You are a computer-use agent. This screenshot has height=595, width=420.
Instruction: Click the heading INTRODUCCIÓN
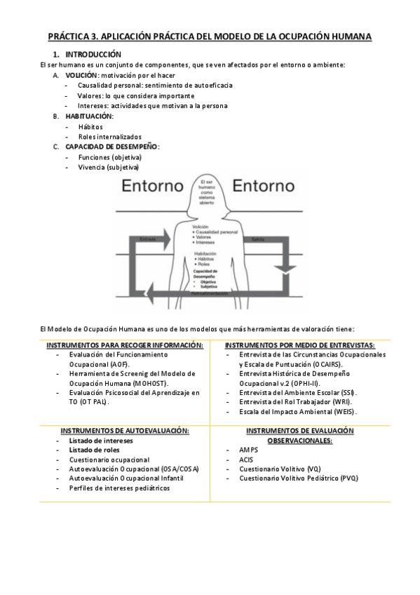click(93, 54)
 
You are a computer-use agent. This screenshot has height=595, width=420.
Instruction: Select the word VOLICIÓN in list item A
click(81, 74)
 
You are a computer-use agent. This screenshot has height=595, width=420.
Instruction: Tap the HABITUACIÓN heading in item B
click(89, 116)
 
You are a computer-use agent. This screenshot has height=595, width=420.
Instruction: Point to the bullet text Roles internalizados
click(109, 136)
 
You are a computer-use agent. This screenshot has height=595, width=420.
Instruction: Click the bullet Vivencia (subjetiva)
click(109, 167)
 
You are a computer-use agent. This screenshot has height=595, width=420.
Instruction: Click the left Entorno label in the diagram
click(153, 187)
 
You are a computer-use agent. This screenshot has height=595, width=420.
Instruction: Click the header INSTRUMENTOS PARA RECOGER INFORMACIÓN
click(125, 345)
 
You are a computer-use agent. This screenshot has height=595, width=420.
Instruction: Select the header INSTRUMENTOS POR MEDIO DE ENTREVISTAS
click(300, 345)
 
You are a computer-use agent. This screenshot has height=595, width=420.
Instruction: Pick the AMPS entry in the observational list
click(249, 450)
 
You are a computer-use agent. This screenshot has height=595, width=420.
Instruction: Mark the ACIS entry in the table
click(246, 459)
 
